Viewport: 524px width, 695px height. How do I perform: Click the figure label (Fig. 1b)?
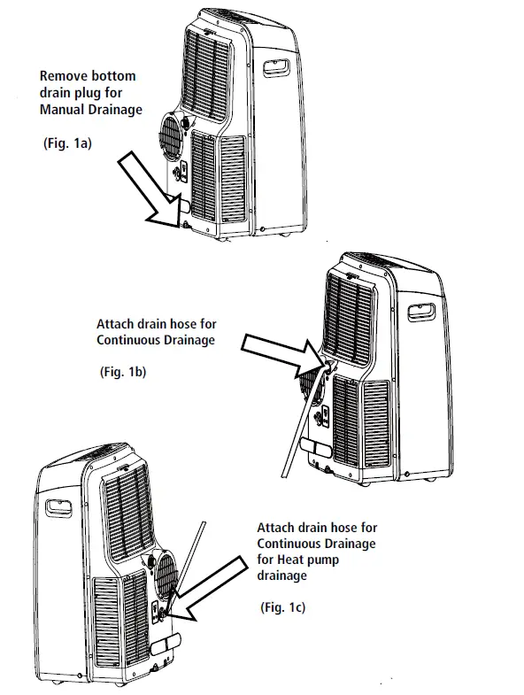[121, 373]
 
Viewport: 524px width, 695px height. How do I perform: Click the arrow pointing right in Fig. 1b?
[274, 352]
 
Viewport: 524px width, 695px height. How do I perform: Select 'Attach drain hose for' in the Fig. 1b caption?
[155, 324]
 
